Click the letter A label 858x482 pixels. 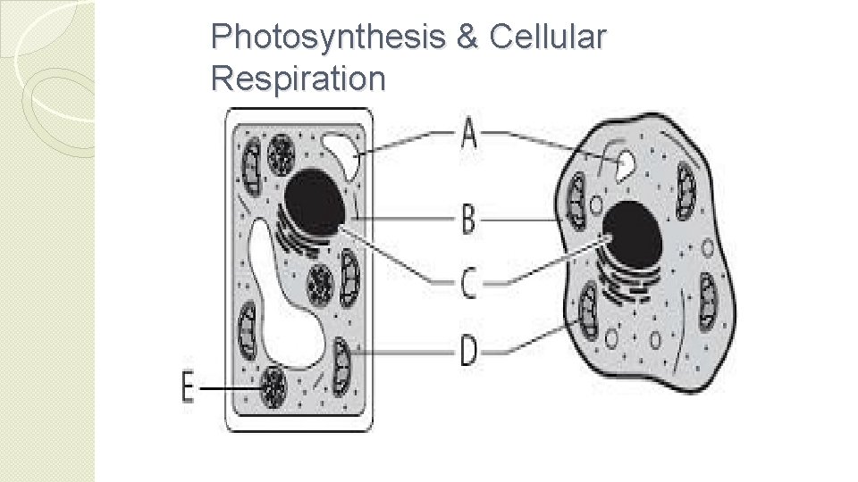coord(468,137)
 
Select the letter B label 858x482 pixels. coord(468,219)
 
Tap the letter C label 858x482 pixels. coord(468,283)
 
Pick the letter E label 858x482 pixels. coord(187,389)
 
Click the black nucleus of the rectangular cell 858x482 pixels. coord(315,202)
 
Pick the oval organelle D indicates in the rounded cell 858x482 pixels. coord(587,308)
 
